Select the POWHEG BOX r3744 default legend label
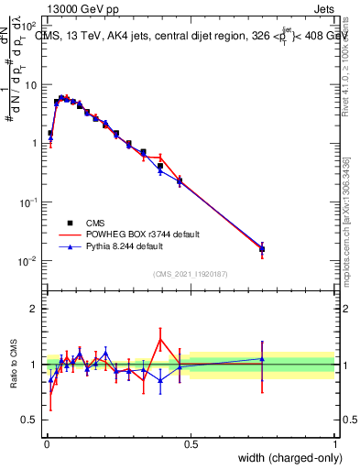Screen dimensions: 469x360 142,234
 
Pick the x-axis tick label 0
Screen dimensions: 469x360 46,442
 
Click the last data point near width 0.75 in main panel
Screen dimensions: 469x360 262,248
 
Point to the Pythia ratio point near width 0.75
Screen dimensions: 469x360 262,359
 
